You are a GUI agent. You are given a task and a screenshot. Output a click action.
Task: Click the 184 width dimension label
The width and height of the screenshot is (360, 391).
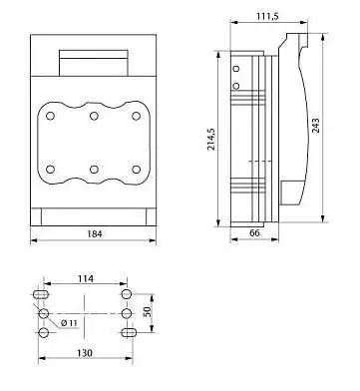tap(95, 234)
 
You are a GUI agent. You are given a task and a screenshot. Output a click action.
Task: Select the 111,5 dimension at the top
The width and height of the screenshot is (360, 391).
tap(267, 16)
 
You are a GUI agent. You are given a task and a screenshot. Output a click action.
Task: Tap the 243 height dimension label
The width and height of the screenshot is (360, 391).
tap(316, 126)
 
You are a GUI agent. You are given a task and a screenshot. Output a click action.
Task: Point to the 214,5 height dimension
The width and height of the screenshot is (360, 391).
tap(211, 139)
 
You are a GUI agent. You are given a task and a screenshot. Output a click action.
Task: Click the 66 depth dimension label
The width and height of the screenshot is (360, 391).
tap(254, 233)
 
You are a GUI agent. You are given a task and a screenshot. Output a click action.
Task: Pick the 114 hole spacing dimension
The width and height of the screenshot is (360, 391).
tap(86, 278)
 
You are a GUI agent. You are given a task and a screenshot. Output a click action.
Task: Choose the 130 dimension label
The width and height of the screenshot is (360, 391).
tap(85, 353)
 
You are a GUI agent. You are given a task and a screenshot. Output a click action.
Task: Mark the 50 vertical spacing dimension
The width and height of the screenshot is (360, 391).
tap(147, 311)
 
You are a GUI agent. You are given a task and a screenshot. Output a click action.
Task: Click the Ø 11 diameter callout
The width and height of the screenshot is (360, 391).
tap(69, 322)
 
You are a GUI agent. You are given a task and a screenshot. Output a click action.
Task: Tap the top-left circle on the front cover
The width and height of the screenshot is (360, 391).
tap(51, 116)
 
